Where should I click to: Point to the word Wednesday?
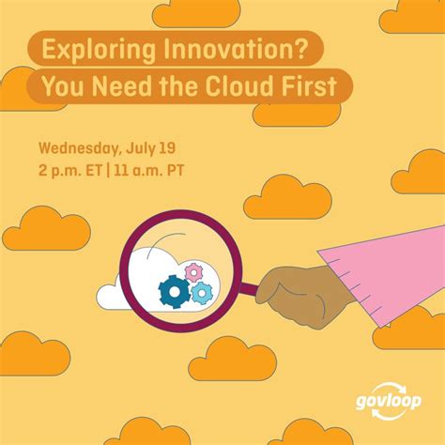(x=81, y=149)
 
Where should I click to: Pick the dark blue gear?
(x=175, y=291)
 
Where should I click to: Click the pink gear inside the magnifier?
(x=194, y=272)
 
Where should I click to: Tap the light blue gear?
(x=202, y=293)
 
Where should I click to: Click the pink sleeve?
(x=376, y=272)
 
